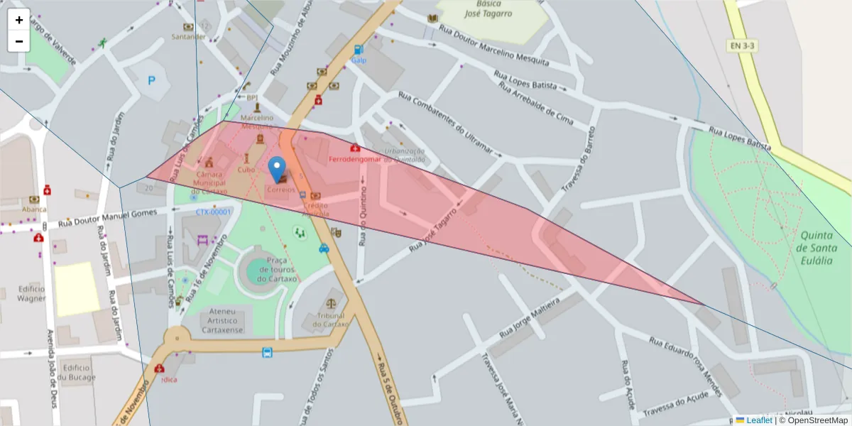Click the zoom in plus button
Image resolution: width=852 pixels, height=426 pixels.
tap(18, 20)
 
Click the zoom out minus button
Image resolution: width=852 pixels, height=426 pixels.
tap(18, 41)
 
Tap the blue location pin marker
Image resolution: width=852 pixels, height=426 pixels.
tap(278, 170)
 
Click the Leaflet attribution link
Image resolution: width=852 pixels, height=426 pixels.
tap(758, 420)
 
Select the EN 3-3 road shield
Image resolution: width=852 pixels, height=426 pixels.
tap(742, 45)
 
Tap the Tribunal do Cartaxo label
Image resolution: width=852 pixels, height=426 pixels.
tap(331, 319)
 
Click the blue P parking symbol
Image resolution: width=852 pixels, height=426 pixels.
tap(151, 81)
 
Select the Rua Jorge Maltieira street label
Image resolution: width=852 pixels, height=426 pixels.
tap(530, 318)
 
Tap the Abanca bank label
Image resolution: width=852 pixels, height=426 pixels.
tap(33, 209)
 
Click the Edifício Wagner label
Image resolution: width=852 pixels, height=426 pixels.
tap(31, 293)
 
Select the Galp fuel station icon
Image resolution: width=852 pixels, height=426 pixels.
tap(358, 50)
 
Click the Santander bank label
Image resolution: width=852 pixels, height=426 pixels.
tap(189, 36)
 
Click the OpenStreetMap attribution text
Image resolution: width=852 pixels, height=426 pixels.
tap(813, 420)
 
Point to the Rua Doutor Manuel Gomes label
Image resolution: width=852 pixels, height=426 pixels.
tap(106, 218)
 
